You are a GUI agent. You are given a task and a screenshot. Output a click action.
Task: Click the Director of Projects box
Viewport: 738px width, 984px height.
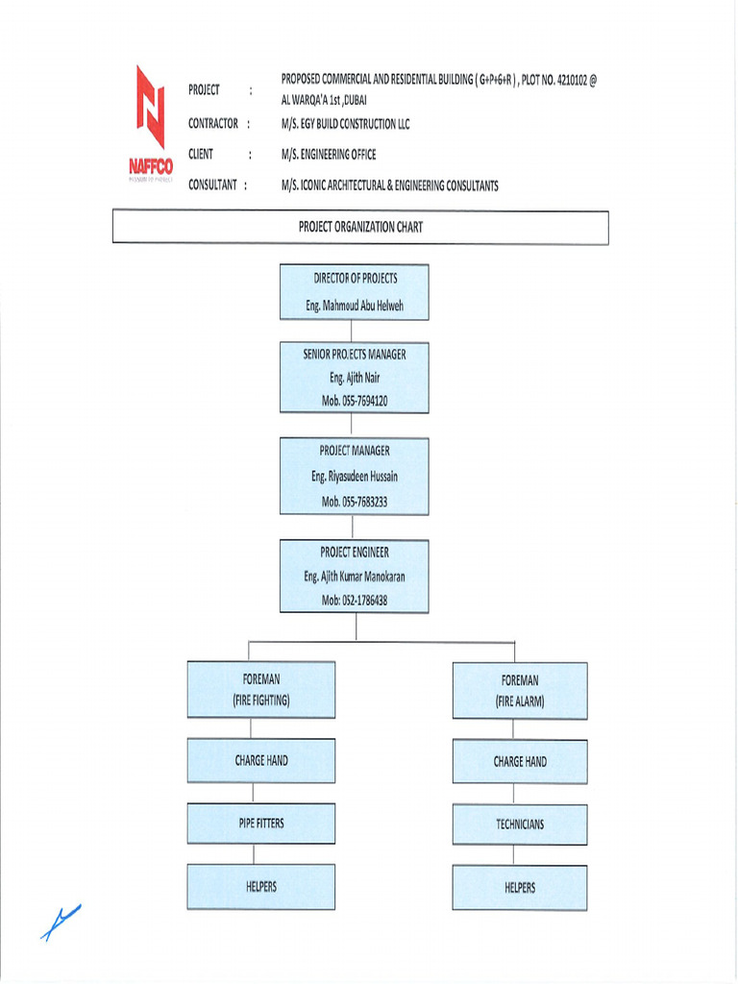355,292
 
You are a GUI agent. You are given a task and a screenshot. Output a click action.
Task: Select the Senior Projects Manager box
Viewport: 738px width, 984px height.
355,378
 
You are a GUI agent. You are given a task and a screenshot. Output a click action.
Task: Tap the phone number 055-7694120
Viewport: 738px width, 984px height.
355,402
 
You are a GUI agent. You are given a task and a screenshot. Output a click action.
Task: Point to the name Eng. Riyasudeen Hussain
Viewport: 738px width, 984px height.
355,477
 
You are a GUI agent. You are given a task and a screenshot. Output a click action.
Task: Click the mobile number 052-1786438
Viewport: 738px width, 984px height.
355,601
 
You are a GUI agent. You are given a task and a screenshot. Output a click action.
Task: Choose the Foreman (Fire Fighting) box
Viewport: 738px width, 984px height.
261,689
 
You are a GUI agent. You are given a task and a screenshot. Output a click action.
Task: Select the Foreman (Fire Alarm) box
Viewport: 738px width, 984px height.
520,690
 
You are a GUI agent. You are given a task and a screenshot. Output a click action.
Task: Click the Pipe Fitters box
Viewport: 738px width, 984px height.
261,824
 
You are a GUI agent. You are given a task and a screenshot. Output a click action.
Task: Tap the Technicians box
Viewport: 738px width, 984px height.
520,824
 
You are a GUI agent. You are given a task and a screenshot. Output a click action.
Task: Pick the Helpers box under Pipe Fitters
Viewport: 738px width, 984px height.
261,886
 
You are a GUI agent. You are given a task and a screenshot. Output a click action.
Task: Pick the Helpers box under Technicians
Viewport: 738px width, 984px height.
520,888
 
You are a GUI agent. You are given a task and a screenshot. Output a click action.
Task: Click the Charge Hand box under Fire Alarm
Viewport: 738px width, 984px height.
520,762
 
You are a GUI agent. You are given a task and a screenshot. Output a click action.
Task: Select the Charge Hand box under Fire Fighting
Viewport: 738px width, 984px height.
261,760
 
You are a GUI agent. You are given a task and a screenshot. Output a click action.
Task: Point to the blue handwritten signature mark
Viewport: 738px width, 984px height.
61,922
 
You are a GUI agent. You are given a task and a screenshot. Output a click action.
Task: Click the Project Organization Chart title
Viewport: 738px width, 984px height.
360,228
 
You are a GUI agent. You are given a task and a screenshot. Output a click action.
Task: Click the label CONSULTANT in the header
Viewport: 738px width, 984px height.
213,185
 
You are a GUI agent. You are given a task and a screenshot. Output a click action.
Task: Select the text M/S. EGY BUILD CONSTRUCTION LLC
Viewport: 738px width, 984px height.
345,124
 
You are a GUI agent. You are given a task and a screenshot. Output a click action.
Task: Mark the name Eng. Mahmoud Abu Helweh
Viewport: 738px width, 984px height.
355,307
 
